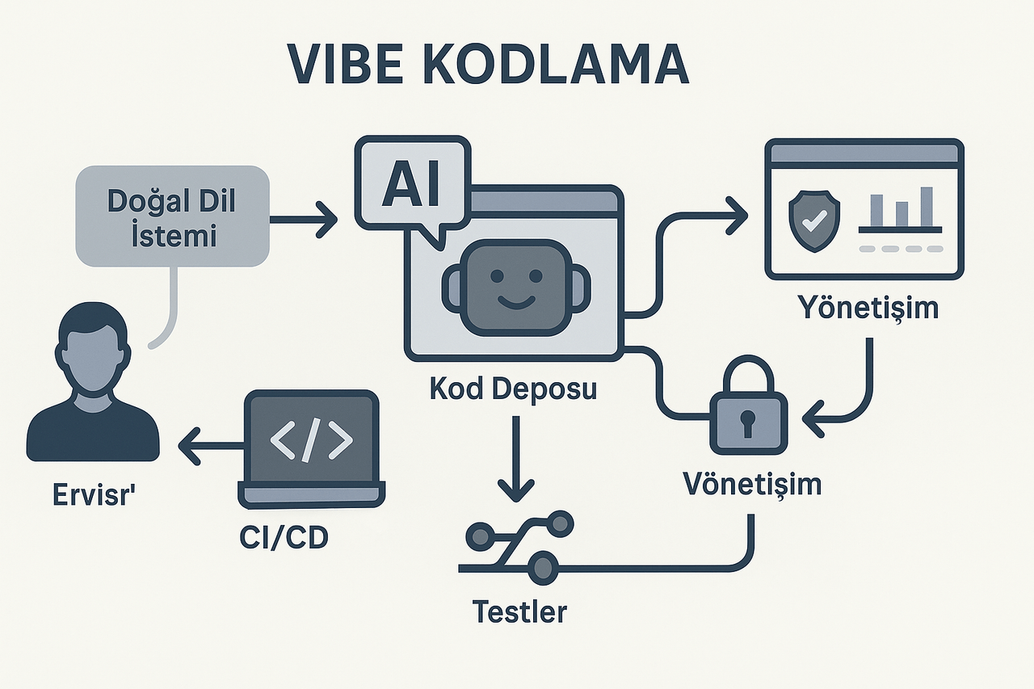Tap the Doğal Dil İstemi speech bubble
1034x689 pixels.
point(171,216)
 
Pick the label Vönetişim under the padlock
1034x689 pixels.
point(752,484)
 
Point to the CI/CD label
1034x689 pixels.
point(284,539)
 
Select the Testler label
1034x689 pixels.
point(519,611)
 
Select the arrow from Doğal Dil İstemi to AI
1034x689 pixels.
point(303,220)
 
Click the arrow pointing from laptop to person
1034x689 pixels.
point(210,447)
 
